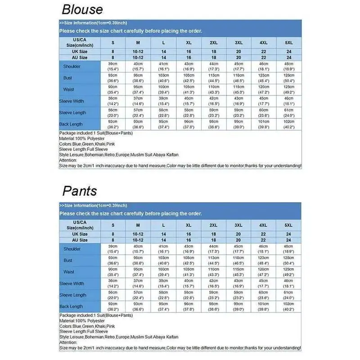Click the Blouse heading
coord(82,9)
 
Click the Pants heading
coord(79,191)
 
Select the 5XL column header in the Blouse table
coord(288,42)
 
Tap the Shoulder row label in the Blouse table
coord(72,67)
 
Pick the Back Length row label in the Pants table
coord(71,306)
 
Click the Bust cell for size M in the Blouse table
coord(138,78)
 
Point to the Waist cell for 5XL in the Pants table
coord(288,272)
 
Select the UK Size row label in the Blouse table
coord(80,52)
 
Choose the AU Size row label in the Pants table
coord(80,240)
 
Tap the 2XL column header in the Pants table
coord(214,225)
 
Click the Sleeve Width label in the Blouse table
coord(72,101)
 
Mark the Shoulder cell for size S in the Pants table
coord(113,249)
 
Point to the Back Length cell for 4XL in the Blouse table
coord(264,124)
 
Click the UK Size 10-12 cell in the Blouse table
coord(138,52)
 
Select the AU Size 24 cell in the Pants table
coord(288,240)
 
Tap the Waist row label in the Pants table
coord(69,272)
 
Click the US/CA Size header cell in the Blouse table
coord(80,42)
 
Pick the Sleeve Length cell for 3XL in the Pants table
coord(238,295)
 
